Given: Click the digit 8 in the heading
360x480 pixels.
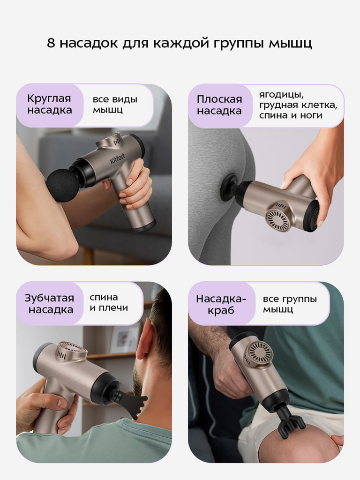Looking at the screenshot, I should pos(51,43).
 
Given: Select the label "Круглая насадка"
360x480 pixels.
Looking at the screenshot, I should pos(49,105).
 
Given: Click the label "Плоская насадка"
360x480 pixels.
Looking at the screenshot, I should pos(219,105).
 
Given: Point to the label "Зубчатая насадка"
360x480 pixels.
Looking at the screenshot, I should pos(49,304).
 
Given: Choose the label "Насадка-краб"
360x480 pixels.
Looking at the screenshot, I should pos(221,304).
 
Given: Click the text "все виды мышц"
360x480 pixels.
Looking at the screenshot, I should pos(115,105).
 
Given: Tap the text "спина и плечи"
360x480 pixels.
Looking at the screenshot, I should pos(108,303).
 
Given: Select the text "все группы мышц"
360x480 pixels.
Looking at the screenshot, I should pos(290,304).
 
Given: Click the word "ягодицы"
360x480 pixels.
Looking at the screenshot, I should pos(278,94).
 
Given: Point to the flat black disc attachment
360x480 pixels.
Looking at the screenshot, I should pos(228,187).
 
